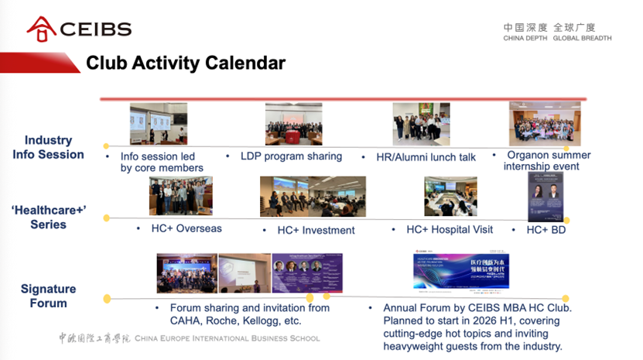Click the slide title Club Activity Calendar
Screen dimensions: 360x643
(x=185, y=63)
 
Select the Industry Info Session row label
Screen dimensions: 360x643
(x=48, y=147)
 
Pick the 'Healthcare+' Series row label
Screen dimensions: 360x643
(x=48, y=217)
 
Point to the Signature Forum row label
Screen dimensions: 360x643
(x=48, y=296)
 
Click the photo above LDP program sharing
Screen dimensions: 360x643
(x=293, y=125)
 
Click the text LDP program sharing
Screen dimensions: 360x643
(x=290, y=156)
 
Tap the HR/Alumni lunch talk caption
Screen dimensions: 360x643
(x=426, y=157)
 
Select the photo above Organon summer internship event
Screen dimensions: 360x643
(x=544, y=124)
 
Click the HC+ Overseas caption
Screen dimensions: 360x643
(x=187, y=229)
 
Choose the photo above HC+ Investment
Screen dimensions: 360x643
(x=313, y=197)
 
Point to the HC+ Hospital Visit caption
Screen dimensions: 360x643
(x=450, y=230)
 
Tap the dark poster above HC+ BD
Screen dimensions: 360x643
(x=545, y=197)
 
